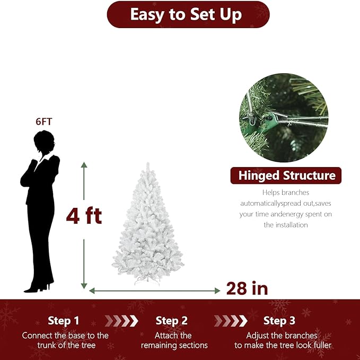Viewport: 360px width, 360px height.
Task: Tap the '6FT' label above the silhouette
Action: (x=44, y=121)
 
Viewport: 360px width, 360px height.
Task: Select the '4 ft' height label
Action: (x=84, y=216)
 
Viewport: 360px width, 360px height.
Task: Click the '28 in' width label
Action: (x=247, y=288)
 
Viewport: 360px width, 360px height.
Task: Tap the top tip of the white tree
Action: (x=148, y=165)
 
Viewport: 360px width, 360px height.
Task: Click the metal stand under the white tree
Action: (x=147, y=282)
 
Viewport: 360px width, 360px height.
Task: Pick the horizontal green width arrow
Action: (x=154, y=291)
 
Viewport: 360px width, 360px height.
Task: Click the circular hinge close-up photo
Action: (x=283, y=118)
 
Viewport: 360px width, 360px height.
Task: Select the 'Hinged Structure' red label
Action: (x=286, y=175)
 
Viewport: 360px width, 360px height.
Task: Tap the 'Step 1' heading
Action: (x=63, y=320)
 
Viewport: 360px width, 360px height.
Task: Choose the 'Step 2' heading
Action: (x=171, y=320)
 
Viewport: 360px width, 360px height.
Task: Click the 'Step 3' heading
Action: (x=279, y=320)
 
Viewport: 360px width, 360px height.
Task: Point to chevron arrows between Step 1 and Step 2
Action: (x=121, y=320)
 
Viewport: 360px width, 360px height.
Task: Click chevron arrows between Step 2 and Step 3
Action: (x=231, y=320)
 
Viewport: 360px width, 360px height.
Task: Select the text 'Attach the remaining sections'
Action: (x=174, y=340)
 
